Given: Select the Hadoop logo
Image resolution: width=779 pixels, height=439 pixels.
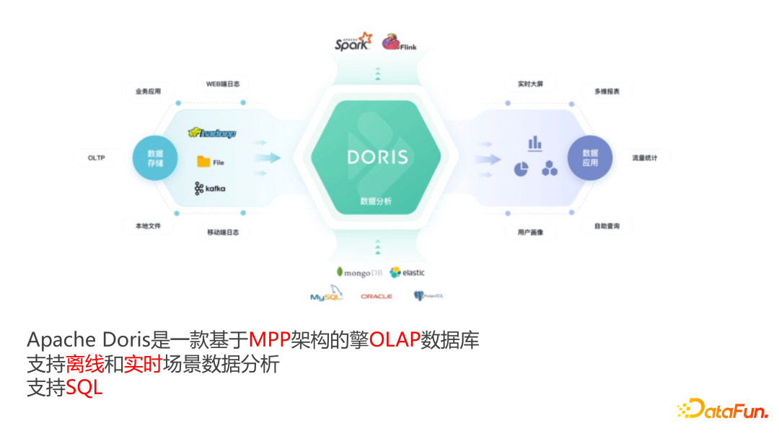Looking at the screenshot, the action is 211,133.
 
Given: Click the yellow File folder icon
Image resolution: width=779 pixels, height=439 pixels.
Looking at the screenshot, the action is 203,162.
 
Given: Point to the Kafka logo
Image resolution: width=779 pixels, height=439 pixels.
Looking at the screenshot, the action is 209,188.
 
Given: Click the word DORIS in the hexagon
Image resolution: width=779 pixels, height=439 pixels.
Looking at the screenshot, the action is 377,157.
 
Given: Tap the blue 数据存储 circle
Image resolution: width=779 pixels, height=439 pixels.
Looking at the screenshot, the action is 155,158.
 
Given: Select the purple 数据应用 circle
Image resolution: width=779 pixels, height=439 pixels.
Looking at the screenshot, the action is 590,158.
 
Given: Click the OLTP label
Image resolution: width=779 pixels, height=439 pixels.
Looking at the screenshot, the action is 97,157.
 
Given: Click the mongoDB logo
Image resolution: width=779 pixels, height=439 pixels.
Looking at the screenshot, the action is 358,272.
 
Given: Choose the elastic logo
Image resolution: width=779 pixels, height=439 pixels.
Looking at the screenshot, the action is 408,272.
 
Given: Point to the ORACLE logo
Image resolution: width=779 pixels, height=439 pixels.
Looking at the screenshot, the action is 377,296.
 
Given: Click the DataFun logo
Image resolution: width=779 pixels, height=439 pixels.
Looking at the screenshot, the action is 723,409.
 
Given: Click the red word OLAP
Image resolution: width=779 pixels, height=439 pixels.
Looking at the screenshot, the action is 395,339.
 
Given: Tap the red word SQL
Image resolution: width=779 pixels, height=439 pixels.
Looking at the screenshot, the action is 84,388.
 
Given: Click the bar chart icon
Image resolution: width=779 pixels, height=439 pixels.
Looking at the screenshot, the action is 534,142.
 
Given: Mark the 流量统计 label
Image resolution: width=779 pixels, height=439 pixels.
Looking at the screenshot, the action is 650,157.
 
